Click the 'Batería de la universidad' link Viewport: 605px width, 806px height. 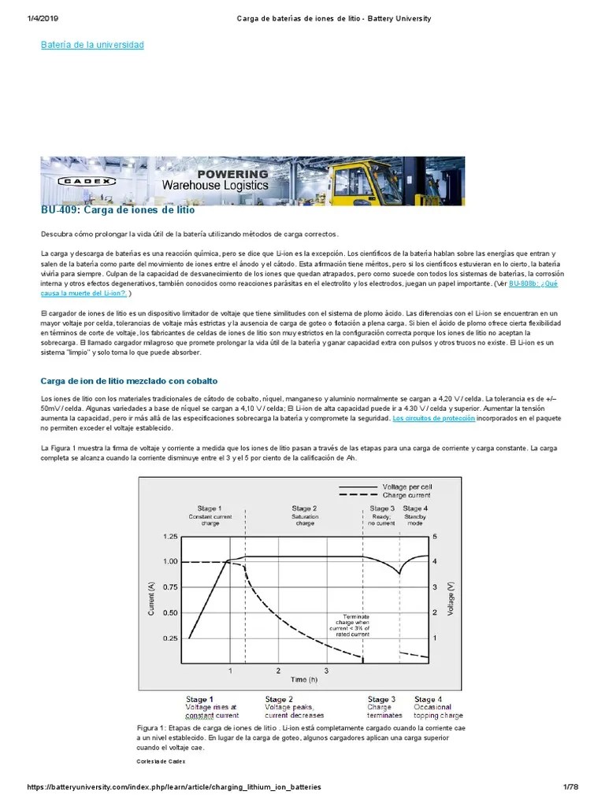92,45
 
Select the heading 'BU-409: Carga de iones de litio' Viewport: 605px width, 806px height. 117,210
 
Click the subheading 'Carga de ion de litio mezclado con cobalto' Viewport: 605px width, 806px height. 129,381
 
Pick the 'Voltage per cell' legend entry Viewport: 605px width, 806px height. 406,487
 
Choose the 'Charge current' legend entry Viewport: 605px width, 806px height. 406,496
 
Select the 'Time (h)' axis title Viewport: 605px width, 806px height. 304,678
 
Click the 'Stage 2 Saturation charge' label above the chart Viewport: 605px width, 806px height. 304,516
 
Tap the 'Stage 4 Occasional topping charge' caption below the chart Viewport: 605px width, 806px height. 439,708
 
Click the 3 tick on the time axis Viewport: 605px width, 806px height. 326,671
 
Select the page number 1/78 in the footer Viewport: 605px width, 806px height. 570,787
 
